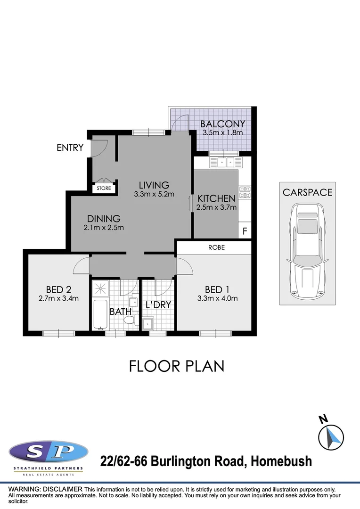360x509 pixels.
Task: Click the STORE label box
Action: click(104, 188)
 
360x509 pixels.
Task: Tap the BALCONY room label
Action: click(222, 124)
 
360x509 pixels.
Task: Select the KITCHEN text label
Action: click(216, 198)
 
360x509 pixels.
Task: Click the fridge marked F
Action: click(245, 231)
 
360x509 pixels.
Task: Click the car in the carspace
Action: click(307, 253)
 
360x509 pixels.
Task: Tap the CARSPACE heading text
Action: click(307, 192)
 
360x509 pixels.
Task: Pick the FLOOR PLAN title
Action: click(177, 366)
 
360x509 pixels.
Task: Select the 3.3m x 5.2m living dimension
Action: click(154, 194)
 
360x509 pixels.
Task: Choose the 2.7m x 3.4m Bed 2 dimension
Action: click(58, 298)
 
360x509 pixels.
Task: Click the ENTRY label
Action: click(70, 148)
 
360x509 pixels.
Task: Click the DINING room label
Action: click(104, 219)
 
